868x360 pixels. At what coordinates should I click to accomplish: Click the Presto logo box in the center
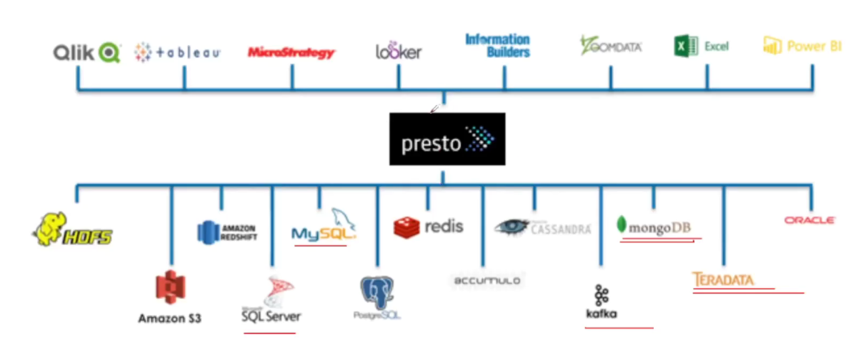[x=447, y=139]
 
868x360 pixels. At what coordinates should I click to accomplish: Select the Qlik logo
[x=86, y=52]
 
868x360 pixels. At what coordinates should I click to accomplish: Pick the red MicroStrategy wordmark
[x=291, y=53]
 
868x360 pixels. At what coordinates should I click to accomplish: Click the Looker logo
[x=398, y=51]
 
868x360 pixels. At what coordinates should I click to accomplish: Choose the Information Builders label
[x=497, y=46]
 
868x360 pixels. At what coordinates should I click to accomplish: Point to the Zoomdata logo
[x=611, y=46]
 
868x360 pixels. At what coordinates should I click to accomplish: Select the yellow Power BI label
[x=803, y=46]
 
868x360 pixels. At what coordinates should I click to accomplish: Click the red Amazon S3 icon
[x=170, y=287]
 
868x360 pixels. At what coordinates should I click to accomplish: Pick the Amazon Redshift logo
[x=227, y=232]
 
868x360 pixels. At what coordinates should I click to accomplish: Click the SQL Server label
[x=271, y=316]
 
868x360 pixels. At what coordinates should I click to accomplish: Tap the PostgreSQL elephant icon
[x=377, y=292]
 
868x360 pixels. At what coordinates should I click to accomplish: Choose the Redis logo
[x=429, y=226]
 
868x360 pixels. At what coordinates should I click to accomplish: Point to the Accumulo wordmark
[x=487, y=281]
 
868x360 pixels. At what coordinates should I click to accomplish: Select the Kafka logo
[x=601, y=302]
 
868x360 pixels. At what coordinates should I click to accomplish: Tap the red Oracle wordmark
[x=810, y=220]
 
